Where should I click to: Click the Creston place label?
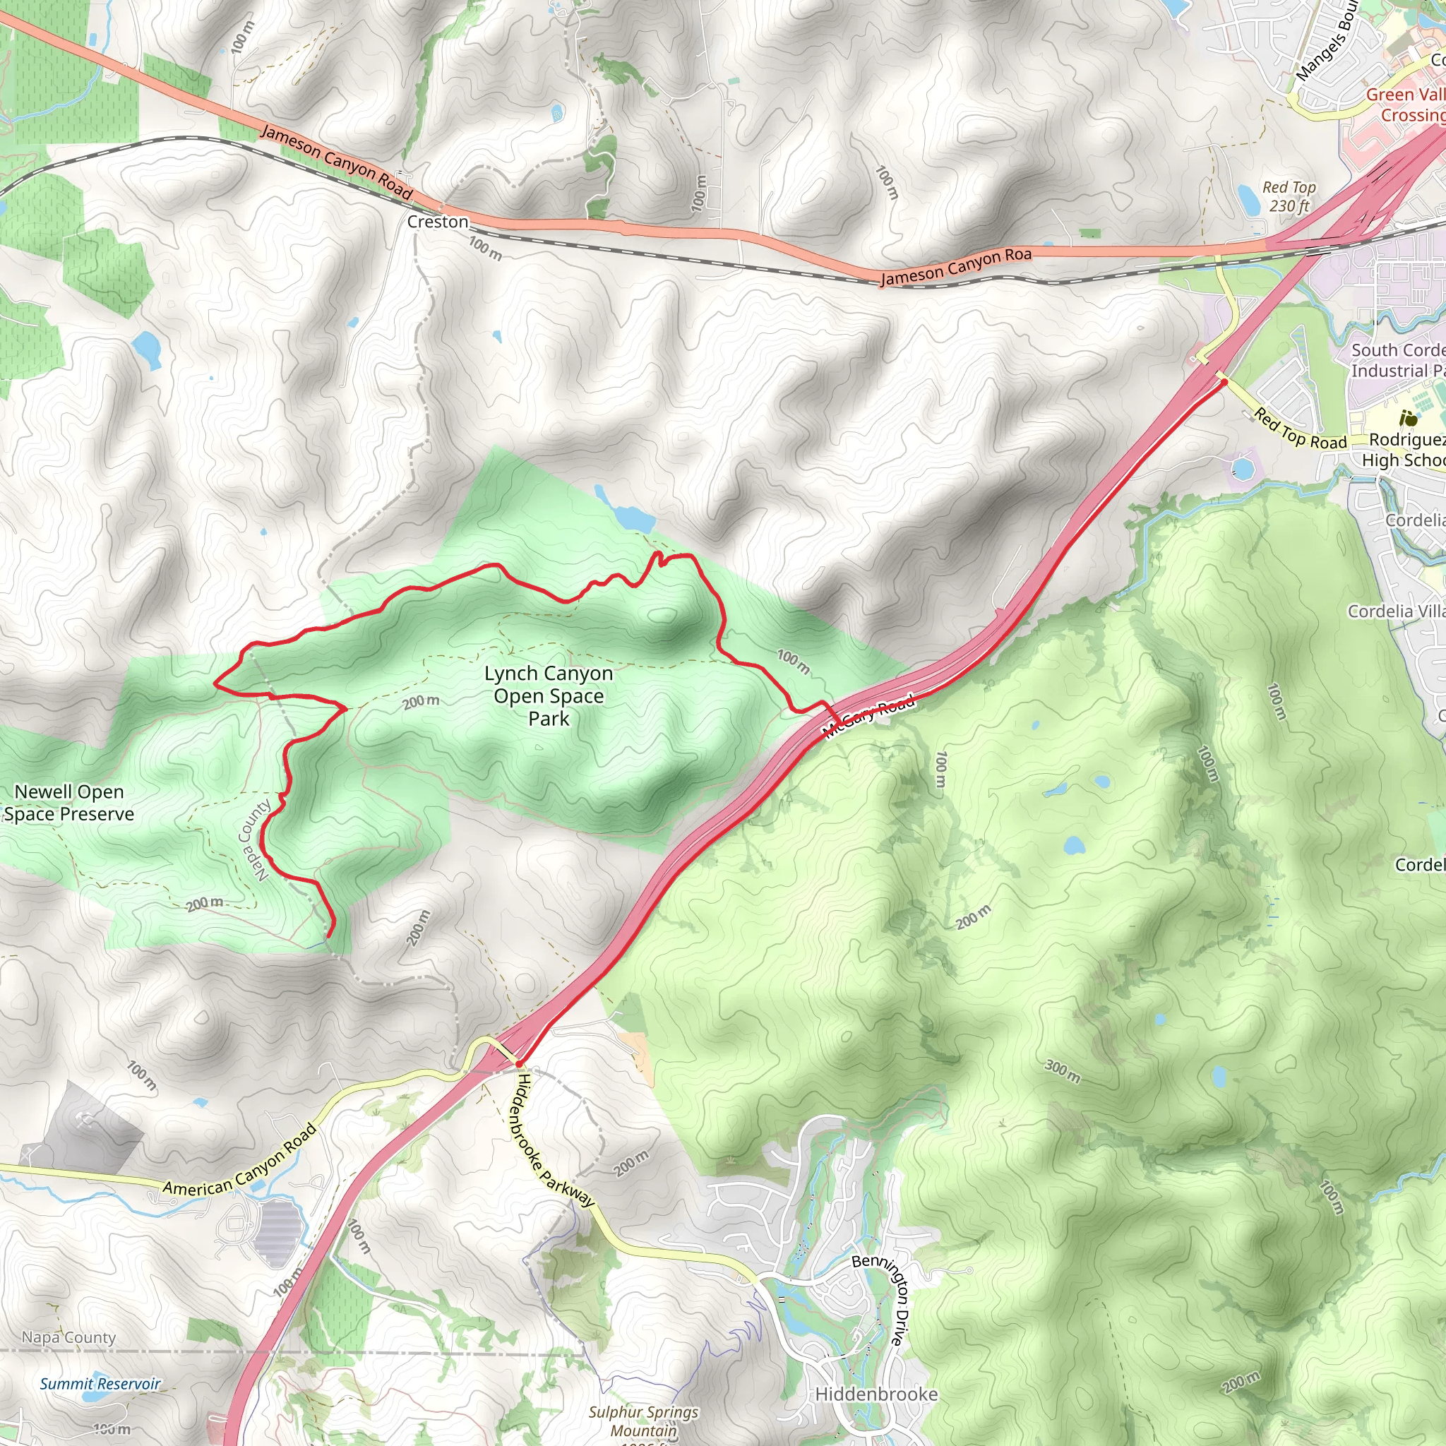tap(437, 222)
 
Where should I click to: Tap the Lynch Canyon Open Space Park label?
tap(549, 696)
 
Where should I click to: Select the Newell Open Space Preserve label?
tap(69, 803)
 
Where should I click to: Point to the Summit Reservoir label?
tap(100, 1384)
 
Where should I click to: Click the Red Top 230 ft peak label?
tap(1288, 196)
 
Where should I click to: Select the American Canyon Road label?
tap(240, 1161)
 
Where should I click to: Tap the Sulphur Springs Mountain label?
tap(643, 1421)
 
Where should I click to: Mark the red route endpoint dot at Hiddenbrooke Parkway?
tap(519, 1063)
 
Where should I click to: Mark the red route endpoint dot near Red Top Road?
tap(1224, 382)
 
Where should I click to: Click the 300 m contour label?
tap(1063, 1071)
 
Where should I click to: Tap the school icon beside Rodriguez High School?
tap(1409, 419)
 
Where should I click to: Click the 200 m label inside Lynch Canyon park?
tap(421, 701)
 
